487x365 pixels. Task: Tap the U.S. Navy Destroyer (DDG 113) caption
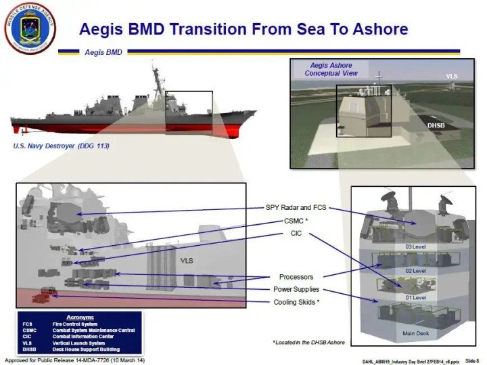(62, 146)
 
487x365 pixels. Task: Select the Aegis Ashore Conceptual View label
(331, 69)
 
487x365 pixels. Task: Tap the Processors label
(296, 277)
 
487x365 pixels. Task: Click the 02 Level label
(416, 271)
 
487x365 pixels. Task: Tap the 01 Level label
(416, 297)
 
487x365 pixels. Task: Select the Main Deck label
(416, 333)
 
